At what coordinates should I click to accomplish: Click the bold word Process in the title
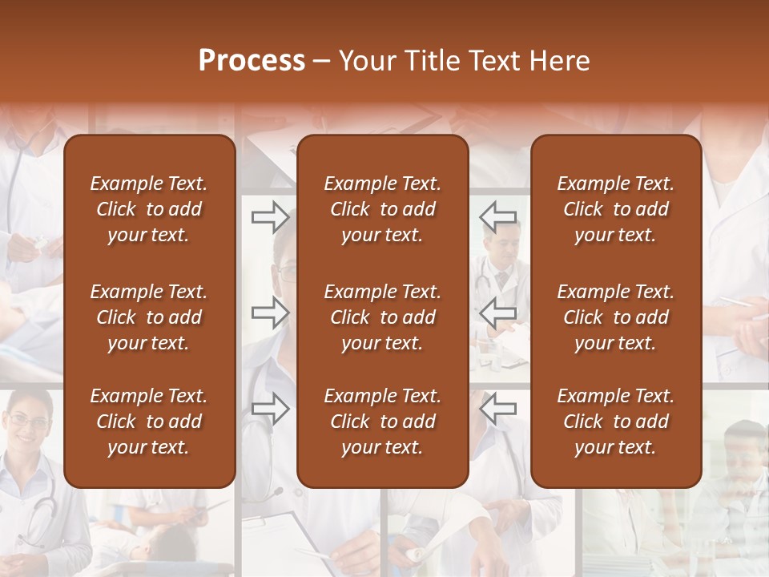click(x=252, y=61)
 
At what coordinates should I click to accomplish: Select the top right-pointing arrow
click(x=270, y=216)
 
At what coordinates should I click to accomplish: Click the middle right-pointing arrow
click(x=270, y=313)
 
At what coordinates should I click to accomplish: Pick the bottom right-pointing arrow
click(x=270, y=409)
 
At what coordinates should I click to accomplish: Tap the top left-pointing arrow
click(x=498, y=216)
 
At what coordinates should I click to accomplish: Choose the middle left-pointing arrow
click(x=498, y=313)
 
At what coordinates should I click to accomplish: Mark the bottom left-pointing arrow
click(x=498, y=409)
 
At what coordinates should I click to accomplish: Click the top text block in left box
click(x=149, y=209)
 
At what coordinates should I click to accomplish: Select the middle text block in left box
click(x=149, y=317)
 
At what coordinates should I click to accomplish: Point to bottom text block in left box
click(x=149, y=422)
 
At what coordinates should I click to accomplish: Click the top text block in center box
click(x=382, y=209)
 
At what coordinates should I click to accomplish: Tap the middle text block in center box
click(x=382, y=317)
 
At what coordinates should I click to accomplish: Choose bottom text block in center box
click(x=382, y=422)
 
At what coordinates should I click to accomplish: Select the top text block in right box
click(x=615, y=209)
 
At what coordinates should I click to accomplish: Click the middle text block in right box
click(x=615, y=317)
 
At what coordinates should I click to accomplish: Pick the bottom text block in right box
click(x=615, y=422)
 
